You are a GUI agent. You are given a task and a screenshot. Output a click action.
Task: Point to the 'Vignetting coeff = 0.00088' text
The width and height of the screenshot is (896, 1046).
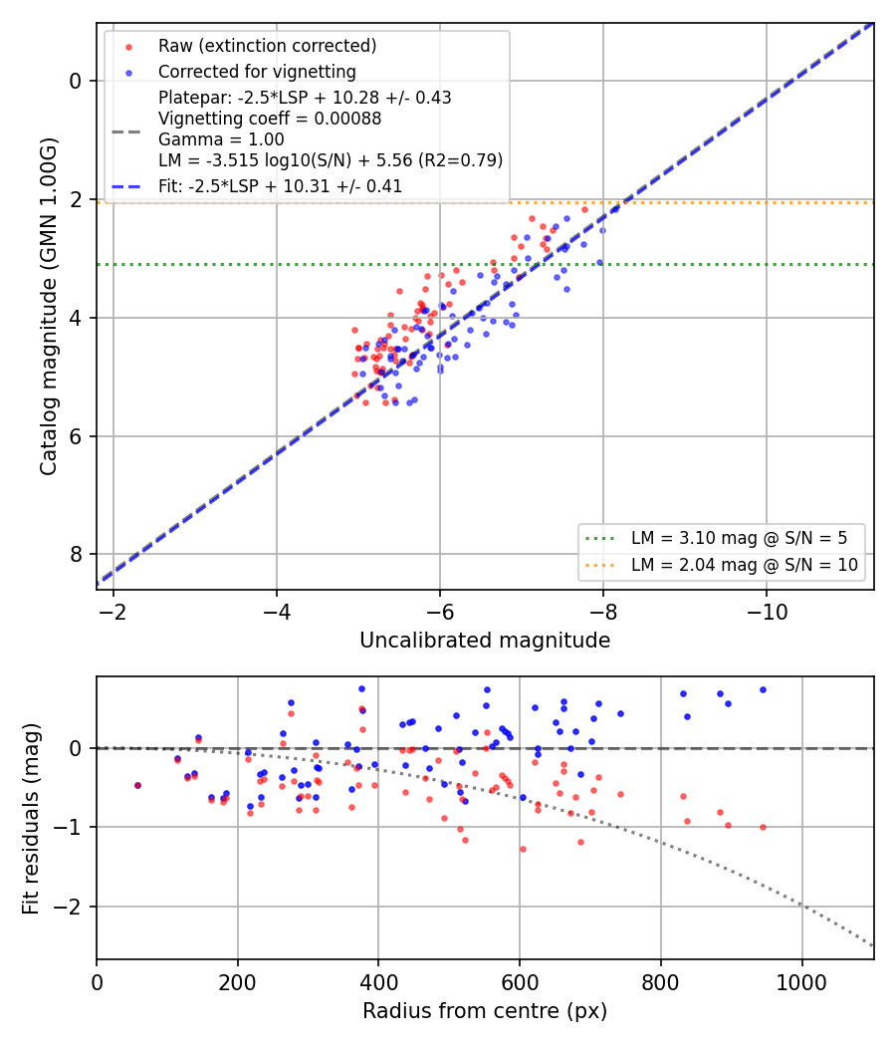click(270, 119)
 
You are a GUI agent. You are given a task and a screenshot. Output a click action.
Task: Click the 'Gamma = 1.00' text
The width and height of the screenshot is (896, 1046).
click(221, 139)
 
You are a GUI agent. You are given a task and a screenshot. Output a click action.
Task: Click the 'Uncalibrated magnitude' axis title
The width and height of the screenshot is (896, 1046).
click(485, 641)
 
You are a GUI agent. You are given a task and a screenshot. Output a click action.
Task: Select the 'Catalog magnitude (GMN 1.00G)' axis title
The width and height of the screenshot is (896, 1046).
click(49, 306)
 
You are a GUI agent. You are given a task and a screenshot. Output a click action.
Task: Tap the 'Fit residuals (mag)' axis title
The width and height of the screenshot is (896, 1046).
click(31, 819)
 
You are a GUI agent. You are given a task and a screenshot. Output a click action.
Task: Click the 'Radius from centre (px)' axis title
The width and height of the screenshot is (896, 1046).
click(485, 1011)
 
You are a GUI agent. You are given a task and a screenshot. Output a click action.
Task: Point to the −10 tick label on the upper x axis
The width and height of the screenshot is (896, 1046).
click(766, 613)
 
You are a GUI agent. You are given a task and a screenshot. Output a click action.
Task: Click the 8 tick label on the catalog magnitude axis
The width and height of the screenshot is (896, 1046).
click(75, 555)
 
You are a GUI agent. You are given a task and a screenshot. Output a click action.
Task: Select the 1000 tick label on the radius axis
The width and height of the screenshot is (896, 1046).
click(801, 982)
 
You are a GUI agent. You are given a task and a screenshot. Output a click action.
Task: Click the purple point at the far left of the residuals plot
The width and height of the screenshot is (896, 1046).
click(138, 785)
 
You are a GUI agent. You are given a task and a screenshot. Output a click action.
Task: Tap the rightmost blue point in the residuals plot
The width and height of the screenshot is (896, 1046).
click(763, 689)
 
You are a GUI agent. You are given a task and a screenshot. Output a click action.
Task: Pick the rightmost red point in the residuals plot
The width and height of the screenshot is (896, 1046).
click(763, 827)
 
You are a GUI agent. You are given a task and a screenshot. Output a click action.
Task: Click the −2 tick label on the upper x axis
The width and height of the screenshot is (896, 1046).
click(113, 613)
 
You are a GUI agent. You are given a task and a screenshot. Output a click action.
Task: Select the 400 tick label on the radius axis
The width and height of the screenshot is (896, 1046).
click(378, 982)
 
